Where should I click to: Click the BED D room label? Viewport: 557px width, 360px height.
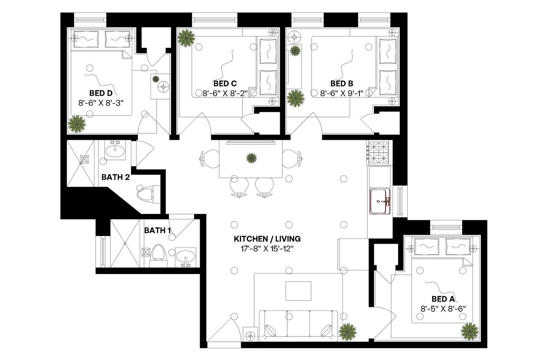[x=101, y=93]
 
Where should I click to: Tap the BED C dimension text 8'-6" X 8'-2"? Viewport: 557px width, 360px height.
[x=225, y=93]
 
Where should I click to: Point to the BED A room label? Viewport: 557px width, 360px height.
[x=443, y=299]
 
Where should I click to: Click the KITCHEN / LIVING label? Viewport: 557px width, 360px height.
[x=267, y=239]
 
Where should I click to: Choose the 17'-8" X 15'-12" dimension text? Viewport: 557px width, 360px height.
[x=267, y=249]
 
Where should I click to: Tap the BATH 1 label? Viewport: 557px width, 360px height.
[x=158, y=230]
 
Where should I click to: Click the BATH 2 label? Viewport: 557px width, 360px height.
[x=115, y=177]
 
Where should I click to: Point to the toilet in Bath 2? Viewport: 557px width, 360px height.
[x=146, y=193]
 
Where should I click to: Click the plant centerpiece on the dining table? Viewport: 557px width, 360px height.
[x=251, y=157]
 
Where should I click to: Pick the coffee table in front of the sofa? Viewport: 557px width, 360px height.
[x=298, y=291]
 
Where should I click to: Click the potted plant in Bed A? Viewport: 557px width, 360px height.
[x=470, y=332]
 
